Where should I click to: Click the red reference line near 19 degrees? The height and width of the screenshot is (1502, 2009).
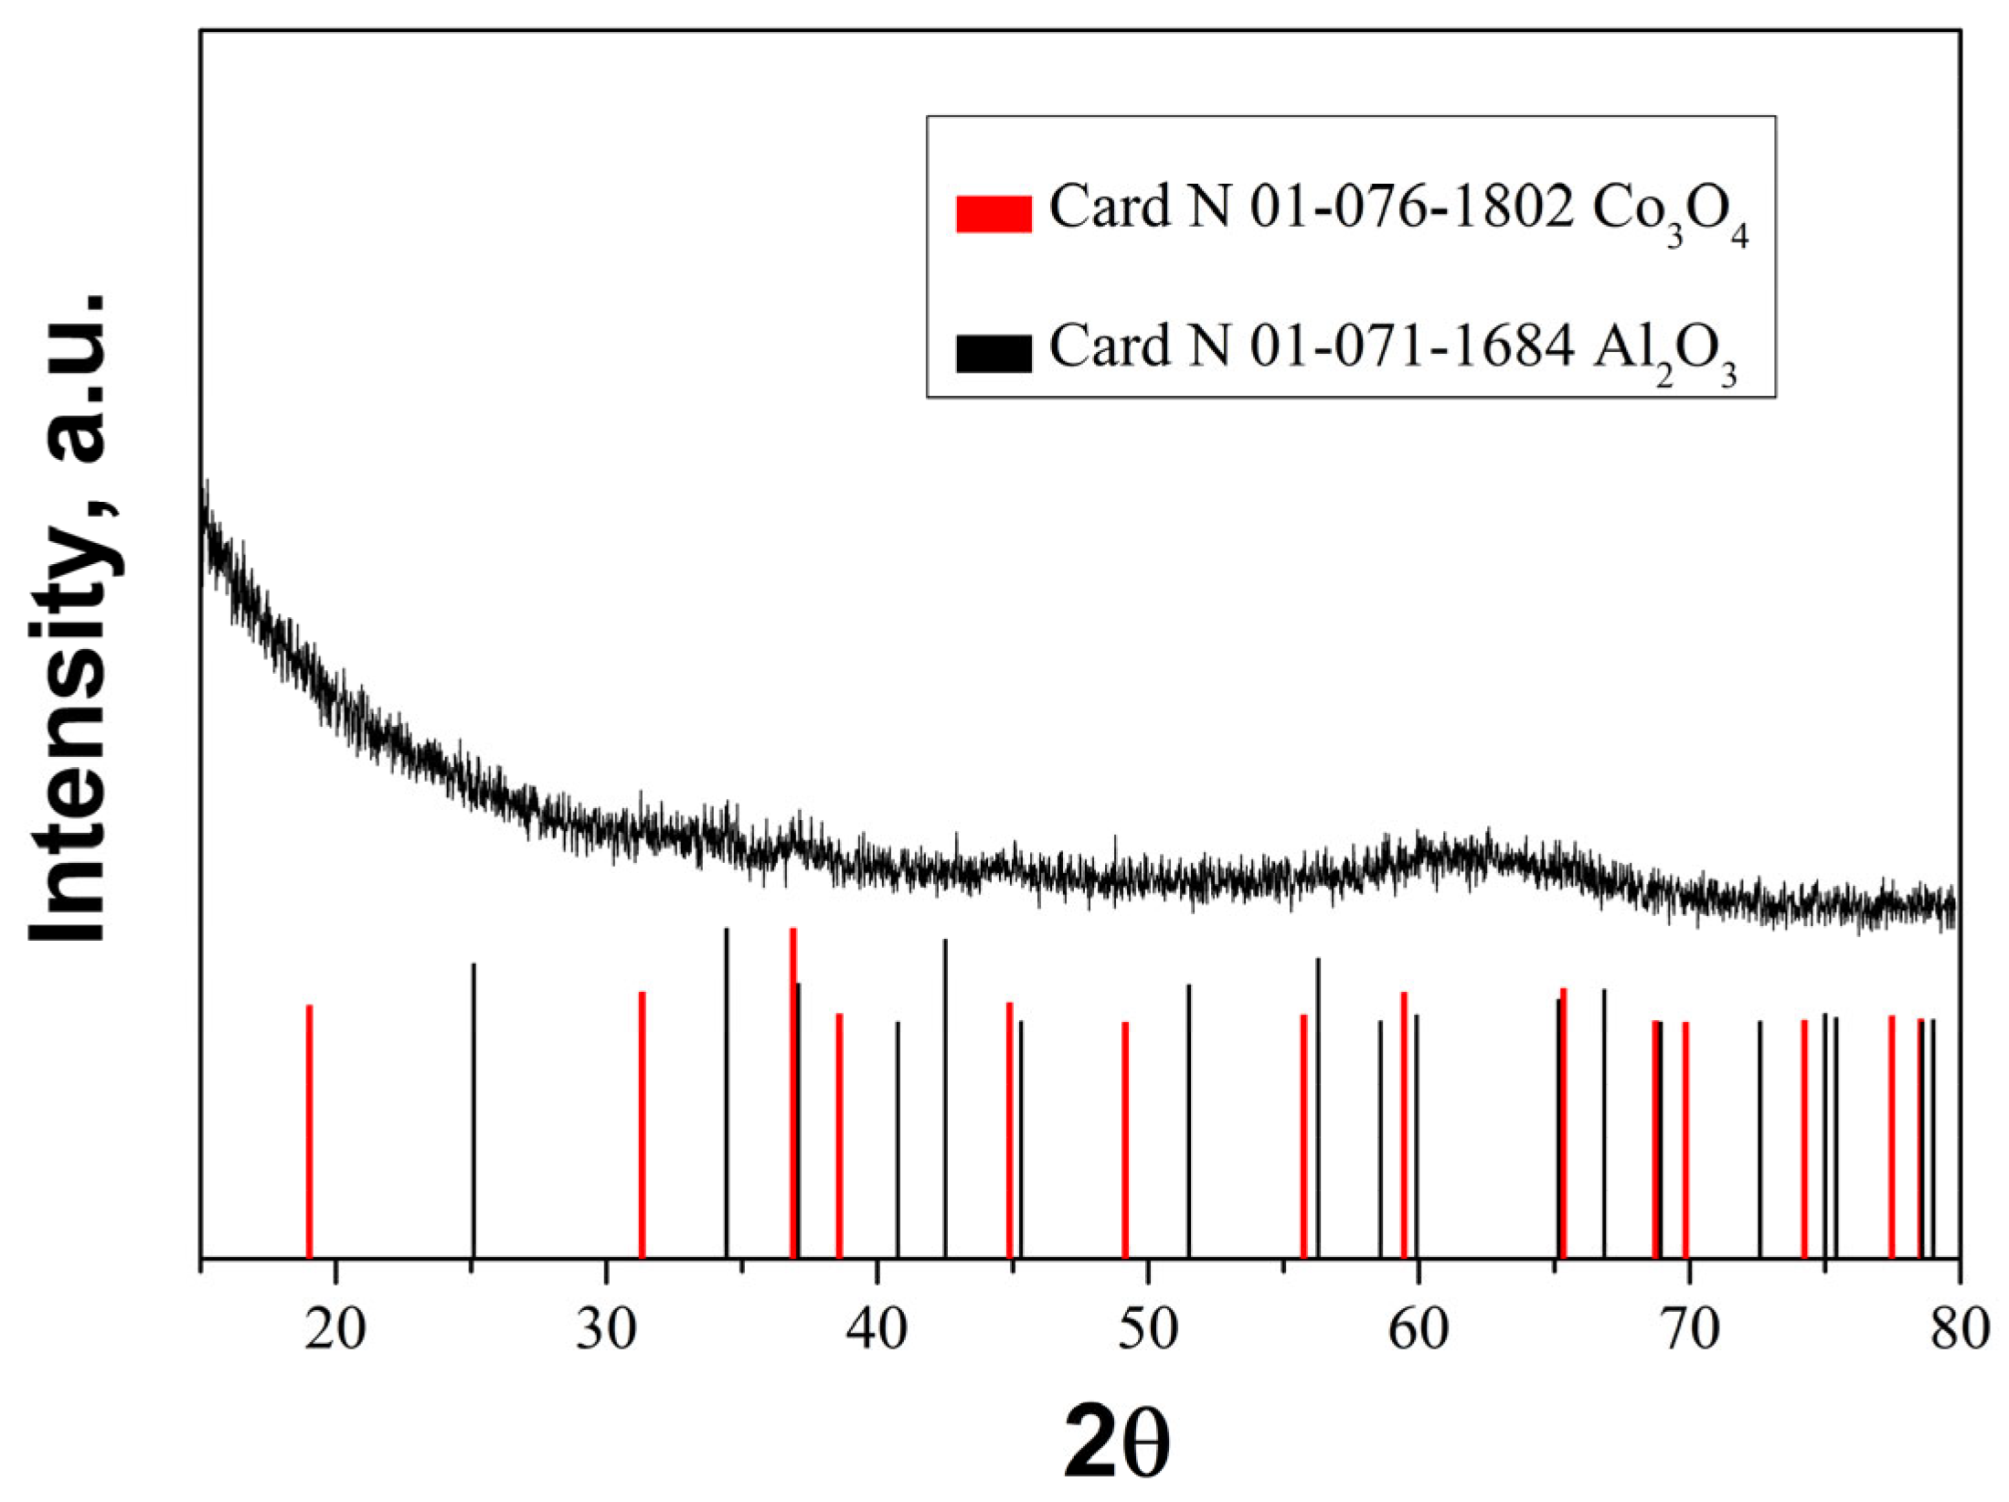click(309, 1134)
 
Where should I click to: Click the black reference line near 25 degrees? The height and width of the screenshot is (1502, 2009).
click(473, 1111)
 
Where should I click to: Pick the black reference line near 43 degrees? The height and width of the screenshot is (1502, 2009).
click(944, 1097)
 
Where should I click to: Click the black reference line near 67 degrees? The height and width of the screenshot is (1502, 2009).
click(1604, 1124)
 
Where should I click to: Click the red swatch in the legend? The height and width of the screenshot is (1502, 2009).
click(994, 214)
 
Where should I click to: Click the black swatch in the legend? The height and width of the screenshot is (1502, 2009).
click(994, 353)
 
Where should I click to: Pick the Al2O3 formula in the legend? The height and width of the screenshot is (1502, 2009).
click(1664, 350)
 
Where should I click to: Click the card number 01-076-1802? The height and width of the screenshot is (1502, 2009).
click(1411, 208)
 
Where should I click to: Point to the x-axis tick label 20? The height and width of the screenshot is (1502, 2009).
click(335, 1329)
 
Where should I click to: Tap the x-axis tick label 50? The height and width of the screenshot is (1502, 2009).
click(1147, 1329)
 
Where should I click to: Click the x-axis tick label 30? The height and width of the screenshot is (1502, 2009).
click(605, 1329)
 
